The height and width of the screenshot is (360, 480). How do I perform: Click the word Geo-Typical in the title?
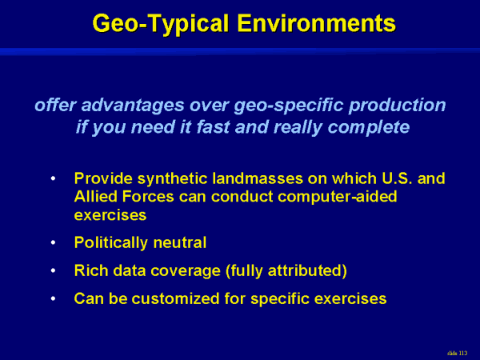[161, 24]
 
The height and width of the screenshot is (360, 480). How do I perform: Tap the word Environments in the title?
[317, 23]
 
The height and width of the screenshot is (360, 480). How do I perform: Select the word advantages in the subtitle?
[133, 106]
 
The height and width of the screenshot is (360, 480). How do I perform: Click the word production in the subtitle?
[397, 106]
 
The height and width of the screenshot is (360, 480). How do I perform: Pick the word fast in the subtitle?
[213, 126]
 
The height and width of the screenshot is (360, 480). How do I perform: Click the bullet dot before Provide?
[54, 178]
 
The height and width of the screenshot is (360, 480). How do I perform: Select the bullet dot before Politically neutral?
[54, 242]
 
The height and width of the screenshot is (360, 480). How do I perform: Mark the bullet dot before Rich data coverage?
[54, 270]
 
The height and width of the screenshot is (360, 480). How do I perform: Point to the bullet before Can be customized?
[54, 298]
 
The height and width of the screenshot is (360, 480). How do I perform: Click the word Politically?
[111, 243]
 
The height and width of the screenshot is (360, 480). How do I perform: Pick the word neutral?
[180, 242]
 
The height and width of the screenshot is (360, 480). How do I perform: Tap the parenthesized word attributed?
[307, 271]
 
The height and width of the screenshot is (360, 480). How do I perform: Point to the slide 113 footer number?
[457, 354]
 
